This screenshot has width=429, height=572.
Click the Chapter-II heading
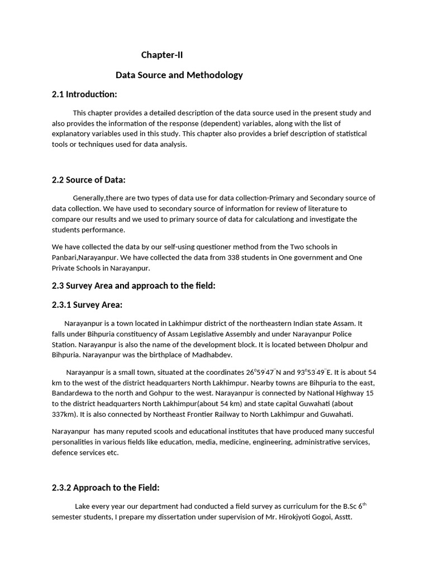162,55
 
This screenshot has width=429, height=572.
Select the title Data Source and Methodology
179,75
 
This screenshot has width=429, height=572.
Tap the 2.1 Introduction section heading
84,94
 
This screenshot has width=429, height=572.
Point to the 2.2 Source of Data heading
89,180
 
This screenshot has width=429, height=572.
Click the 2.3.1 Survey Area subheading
87,304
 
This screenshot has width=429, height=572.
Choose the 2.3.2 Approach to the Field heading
106,488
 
